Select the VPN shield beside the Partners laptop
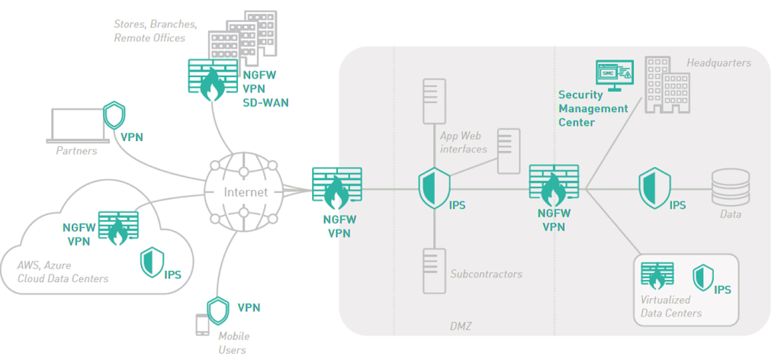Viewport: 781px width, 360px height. tap(114, 117)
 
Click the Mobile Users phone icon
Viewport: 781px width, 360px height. tap(203, 325)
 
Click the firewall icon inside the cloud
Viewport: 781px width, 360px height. tap(117, 227)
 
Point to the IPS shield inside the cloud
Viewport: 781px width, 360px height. tap(150, 262)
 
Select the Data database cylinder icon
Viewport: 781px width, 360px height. tap(728, 189)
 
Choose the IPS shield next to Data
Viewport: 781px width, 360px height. tap(654, 187)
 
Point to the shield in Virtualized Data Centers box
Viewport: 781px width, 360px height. tap(702, 278)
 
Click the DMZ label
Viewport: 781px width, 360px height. tap(461, 326)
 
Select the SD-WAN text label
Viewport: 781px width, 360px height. tap(265, 102)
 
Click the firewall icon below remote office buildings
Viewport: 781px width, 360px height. tap(211, 79)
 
